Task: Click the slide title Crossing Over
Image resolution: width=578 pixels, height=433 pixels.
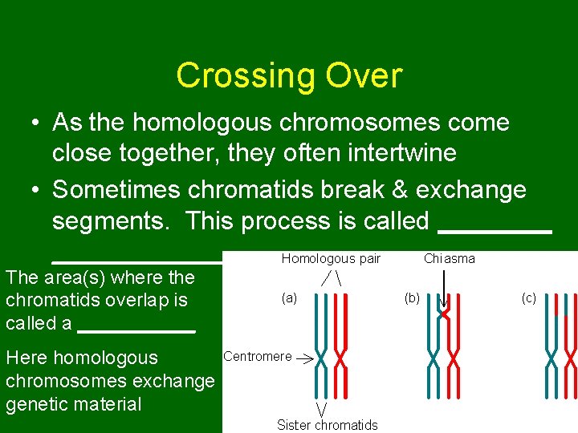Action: pos(289,75)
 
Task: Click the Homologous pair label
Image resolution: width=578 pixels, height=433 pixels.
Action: pos(331,258)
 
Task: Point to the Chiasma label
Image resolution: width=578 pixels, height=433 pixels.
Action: pos(449,258)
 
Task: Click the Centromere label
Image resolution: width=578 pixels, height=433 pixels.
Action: pos(257,356)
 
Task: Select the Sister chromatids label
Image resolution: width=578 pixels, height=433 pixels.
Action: pos(327,424)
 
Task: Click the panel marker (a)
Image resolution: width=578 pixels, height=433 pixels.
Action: pos(289,297)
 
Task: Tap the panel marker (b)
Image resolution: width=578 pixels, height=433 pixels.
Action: pos(411,297)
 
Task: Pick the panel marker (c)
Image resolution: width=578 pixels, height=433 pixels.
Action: pos(528,297)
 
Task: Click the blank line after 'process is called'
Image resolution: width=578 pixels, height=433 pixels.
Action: pos(495,230)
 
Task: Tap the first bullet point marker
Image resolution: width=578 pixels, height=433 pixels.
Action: pos(37,123)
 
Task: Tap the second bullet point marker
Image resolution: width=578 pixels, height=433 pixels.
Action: pos(37,190)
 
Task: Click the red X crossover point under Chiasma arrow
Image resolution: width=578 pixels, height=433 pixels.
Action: pos(444,314)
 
